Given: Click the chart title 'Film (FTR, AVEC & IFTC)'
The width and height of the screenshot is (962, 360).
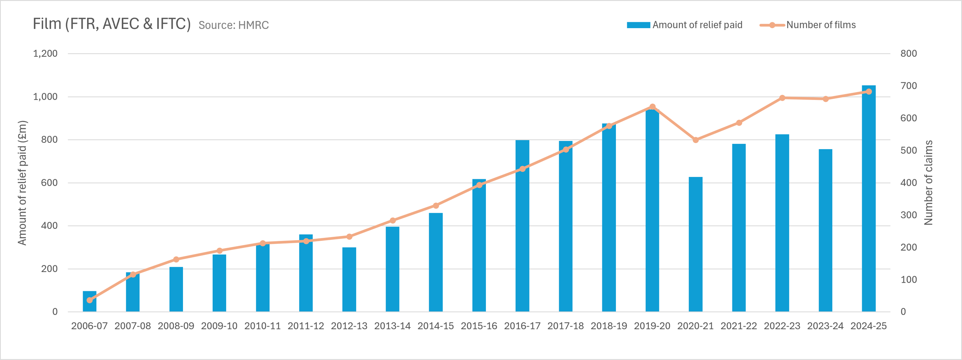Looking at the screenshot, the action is [x=112, y=24].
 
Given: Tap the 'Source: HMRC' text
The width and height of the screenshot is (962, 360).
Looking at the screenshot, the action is [x=234, y=25].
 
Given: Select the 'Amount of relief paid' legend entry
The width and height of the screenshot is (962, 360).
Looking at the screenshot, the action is [x=685, y=25].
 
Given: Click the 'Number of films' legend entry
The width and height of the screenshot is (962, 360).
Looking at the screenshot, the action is [x=808, y=25].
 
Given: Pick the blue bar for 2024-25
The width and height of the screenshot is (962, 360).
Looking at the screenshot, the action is [x=868, y=198].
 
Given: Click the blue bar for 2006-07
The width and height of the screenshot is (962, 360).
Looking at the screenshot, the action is [x=89, y=301].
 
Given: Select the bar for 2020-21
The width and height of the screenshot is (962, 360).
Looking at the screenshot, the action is [x=696, y=244].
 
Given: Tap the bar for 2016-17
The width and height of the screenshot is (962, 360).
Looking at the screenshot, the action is [x=522, y=226].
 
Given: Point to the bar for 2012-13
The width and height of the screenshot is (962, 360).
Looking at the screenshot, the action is [x=349, y=280].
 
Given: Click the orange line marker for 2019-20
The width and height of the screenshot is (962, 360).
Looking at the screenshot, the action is [x=652, y=107].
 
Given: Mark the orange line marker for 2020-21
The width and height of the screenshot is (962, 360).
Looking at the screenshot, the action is [x=696, y=140].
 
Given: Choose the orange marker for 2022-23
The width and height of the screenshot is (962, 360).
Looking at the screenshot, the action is [x=782, y=98].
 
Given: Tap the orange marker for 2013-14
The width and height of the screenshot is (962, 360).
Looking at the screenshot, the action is [x=393, y=220].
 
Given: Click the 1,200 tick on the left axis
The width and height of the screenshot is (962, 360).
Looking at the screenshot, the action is [x=45, y=53].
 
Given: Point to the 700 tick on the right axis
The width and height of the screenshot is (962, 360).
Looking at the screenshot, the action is [x=909, y=86].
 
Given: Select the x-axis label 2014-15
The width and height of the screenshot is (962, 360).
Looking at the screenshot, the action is [x=436, y=326].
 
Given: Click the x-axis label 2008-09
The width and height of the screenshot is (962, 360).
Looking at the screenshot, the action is [x=176, y=326].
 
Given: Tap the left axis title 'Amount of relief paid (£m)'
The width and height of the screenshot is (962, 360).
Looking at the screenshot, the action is [x=23, y=183].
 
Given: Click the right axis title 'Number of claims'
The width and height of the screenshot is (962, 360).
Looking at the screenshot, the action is [x=928, y=183].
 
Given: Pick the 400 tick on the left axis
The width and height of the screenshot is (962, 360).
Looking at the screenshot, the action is [x=49, y=225].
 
